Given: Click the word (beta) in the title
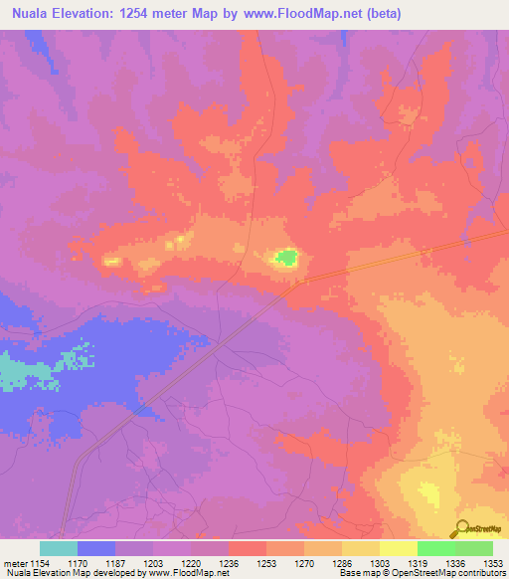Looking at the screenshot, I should coord(417,11).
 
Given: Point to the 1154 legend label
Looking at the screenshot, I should coord(41,562).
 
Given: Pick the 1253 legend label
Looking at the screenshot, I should coord(265,562).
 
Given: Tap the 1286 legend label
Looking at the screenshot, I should coord(342,562).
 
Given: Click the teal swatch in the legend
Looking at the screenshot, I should coord(59,548).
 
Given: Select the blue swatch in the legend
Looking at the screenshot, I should coord(96,548).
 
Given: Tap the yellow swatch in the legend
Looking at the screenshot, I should coord(399,548).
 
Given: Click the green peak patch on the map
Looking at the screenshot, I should coord(287,259).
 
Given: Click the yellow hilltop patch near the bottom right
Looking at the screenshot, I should coord(429,492).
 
